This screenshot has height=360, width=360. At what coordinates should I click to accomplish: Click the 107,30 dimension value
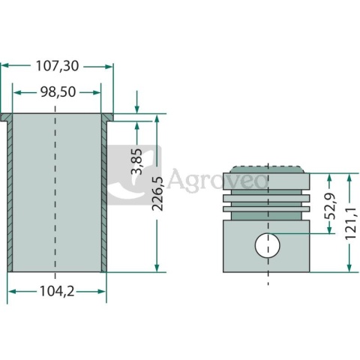tap(57, 66)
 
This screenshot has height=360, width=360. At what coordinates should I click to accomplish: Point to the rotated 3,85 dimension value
tap(136, 160)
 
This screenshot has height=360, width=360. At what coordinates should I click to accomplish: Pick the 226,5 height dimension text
tap(157, 194)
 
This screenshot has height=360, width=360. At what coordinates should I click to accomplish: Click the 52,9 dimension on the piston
tap(328, 205)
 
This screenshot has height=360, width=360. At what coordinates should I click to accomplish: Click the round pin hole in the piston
tap(267, 244)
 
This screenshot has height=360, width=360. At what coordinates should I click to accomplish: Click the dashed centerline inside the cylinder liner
tap(56, 195)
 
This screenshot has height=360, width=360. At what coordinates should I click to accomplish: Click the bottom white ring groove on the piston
tap(268, 206)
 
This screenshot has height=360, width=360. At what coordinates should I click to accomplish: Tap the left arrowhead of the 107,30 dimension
tap(4, 66)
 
